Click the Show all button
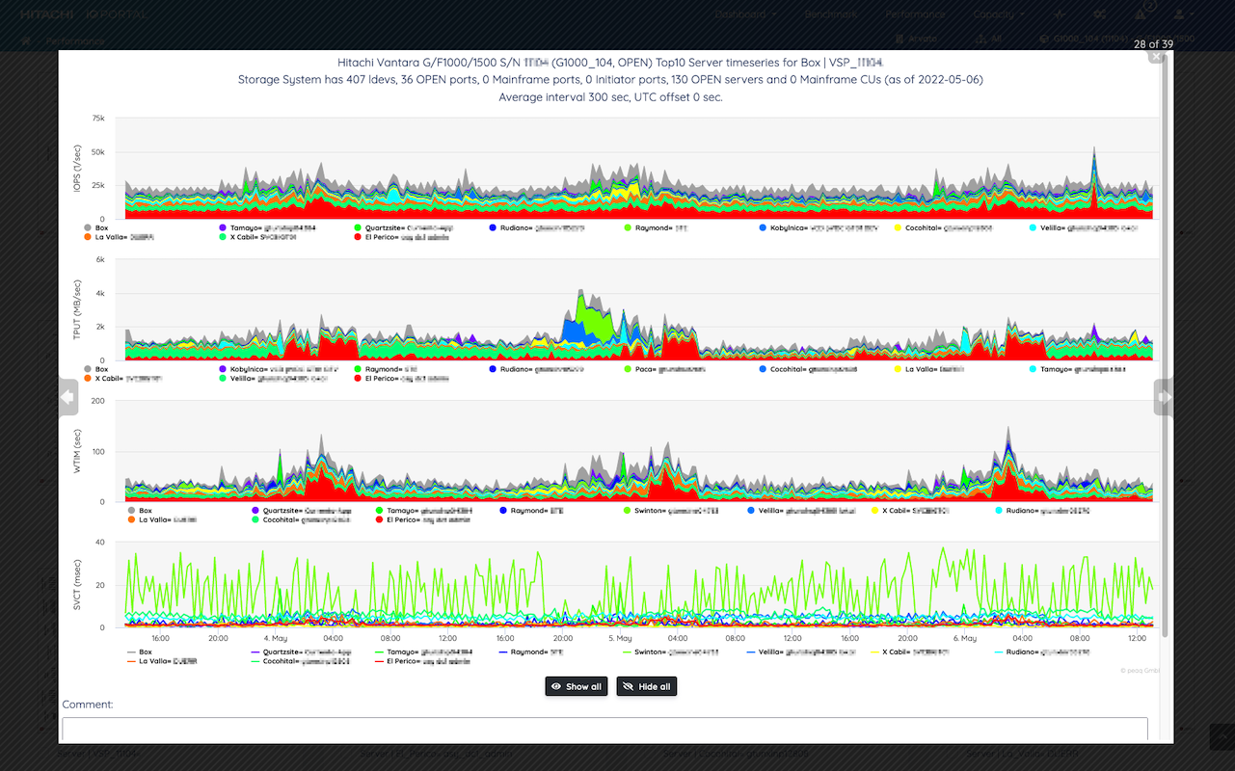click(x=577, y=686)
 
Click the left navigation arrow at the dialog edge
click(x=67, y=396)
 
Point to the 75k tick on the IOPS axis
click(x=98, y=119)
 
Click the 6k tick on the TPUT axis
click(x=98, y=259)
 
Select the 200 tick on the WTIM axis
click(x=97, y=400)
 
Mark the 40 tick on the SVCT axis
click(x=99, y=542)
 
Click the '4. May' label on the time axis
click(x=275, y=638)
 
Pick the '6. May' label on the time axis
click(x=964, y=638)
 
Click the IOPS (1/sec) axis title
click(x=77, y=169)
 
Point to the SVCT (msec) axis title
click(x=77, y=585)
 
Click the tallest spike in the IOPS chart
click(x=1094, y=150)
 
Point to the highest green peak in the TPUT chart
click(x=580, y=292)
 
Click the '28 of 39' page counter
click(x=1153, y=44)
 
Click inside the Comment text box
click(x=604, y=729)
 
